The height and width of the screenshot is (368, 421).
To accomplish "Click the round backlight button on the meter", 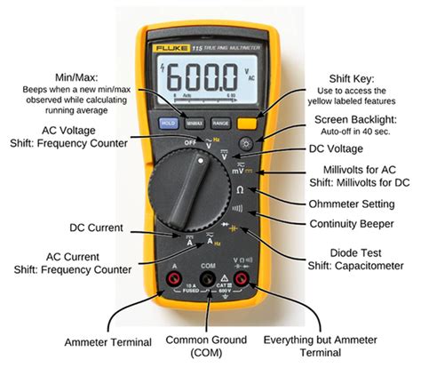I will coord(247,143).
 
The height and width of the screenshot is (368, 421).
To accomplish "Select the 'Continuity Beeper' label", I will coord(344,223).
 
